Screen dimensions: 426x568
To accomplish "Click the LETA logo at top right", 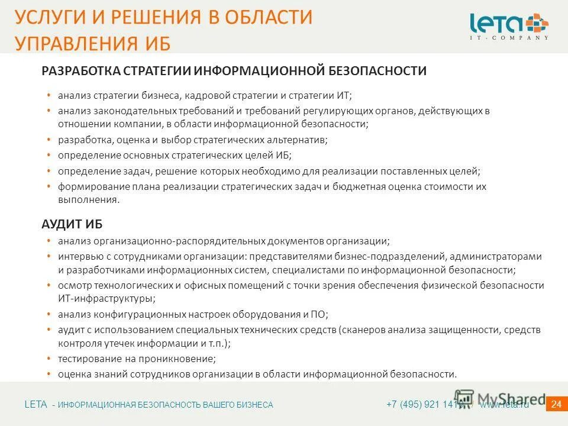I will [x=509, y=26].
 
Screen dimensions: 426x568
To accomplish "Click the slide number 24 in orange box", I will [x=556, y=405].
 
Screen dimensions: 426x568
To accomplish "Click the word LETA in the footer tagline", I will [x=35, y=405].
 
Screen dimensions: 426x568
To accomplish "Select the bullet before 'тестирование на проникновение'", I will [x=48, y=359].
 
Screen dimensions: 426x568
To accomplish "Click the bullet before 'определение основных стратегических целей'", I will [x=48, y=156].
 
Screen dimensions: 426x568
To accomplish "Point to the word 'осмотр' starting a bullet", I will [x=73, y=285].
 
